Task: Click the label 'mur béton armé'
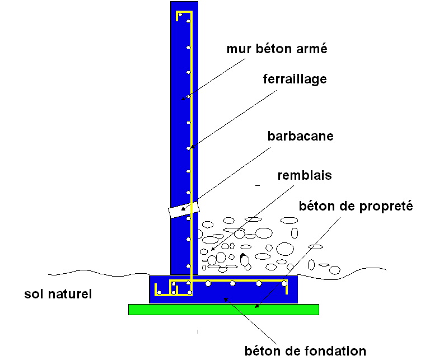point(277,49)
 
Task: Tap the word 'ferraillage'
point(295,79)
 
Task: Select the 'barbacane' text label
point(300,136)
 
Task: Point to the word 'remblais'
point(305,175)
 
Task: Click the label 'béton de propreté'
point(356,207)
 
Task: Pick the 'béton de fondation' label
point(306,351)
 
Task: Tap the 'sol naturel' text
point(58,294)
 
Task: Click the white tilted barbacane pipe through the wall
point(184,209)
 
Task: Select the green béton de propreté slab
point(223,309)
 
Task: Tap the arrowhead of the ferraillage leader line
point(192,147)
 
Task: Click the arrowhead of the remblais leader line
point(213,249)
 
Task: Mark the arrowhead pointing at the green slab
point(256,306)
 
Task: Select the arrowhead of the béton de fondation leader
point(225,299)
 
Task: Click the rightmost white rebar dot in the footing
point(284,283)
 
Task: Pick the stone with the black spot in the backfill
point(245,259)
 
